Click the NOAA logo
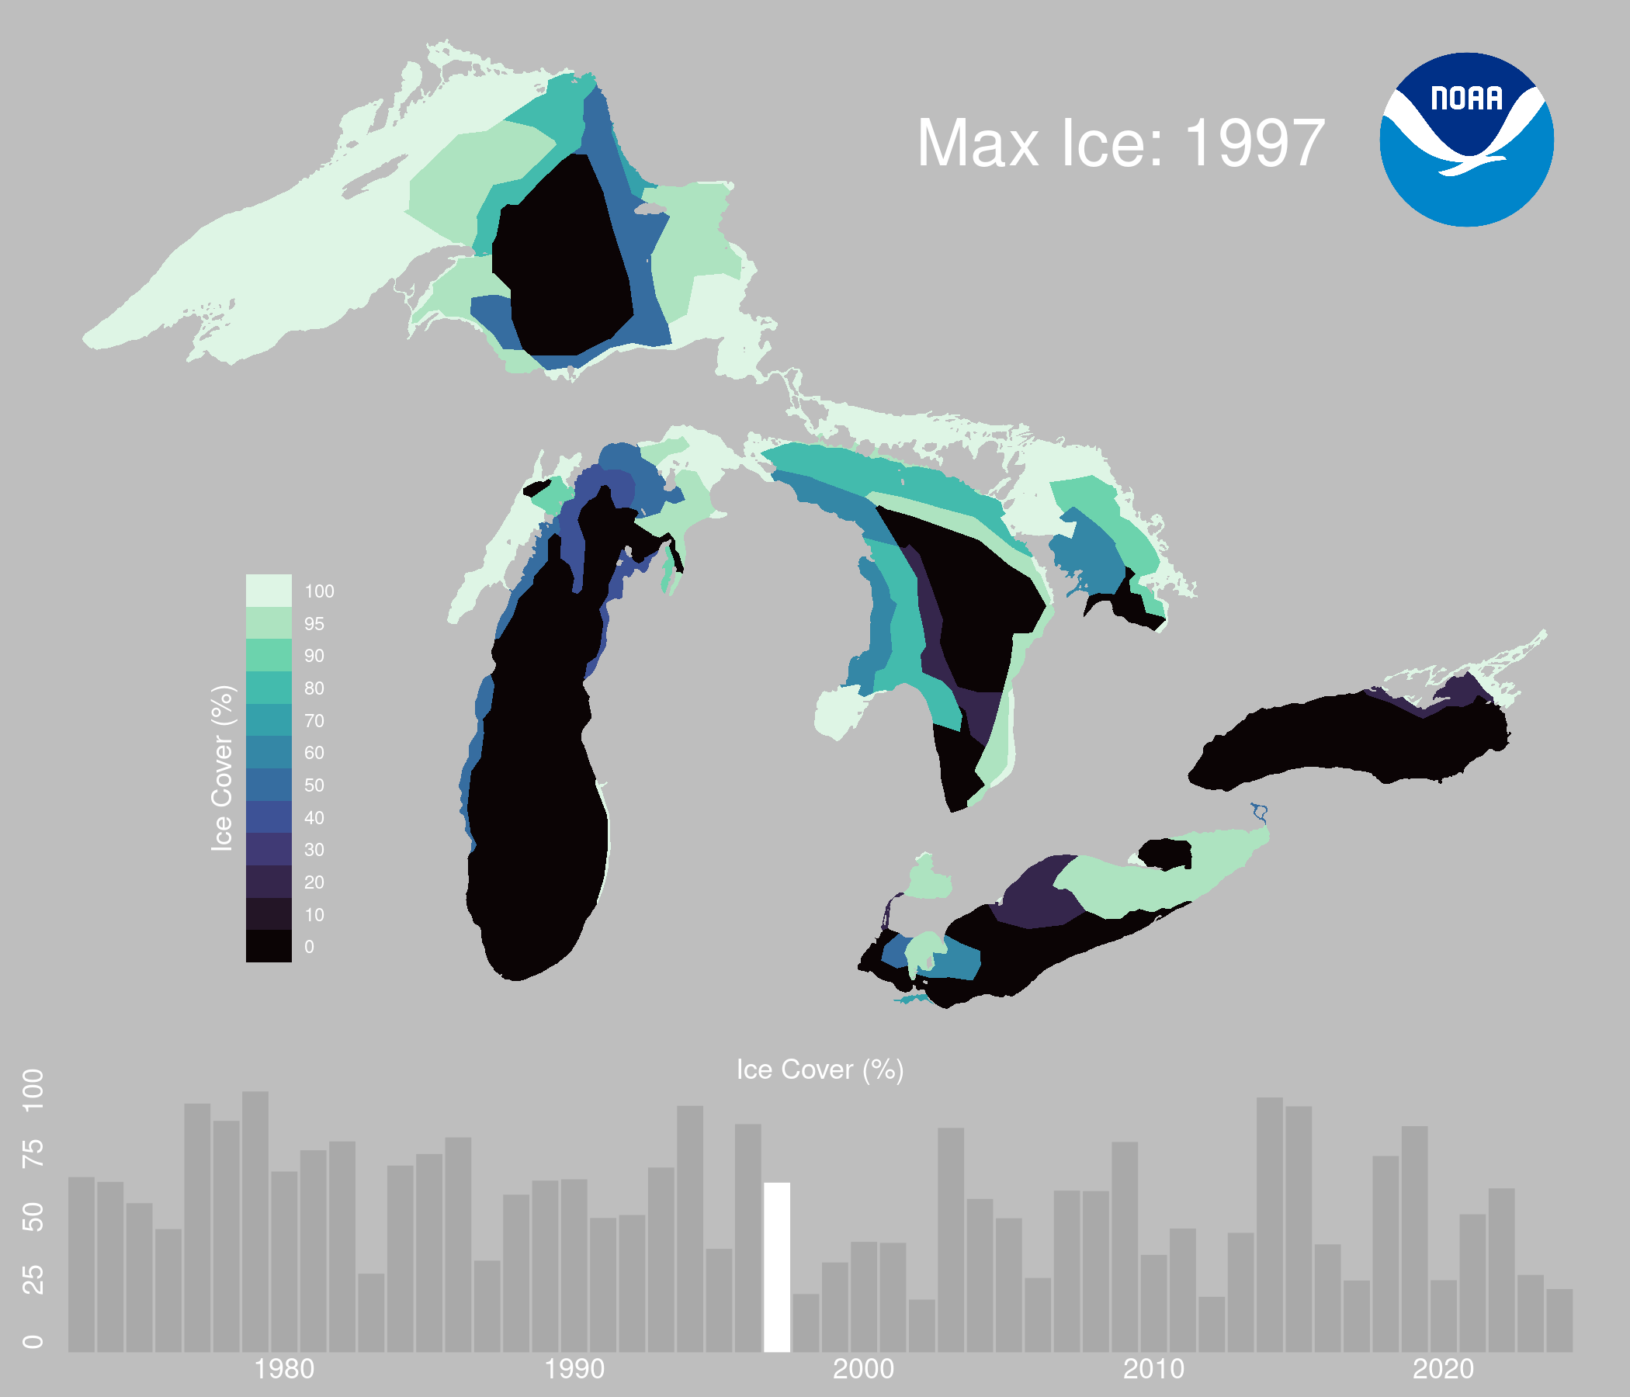[x=1466, y=139]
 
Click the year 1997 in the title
[x=1255, y=143]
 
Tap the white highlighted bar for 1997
[x=777, y=1267]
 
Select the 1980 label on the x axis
[x=284, y=1370]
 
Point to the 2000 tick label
[x=864, y=1370]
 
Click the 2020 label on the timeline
[x=1444, y=1370]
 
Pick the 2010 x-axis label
[x=1153, y=1370]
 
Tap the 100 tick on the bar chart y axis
[x=33, y=1090]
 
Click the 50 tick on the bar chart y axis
[x=33, y=1218]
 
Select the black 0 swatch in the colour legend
[x=269, y=946]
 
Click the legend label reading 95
[x=314, y=624]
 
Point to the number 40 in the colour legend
[x=314, y=818]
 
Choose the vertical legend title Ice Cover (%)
[x=223, y=768]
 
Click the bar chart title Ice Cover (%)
[x=820, y=1069]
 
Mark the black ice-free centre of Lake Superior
[x=562, y=255]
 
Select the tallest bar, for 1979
[x=255, y=1222]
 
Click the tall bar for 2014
[x=1270, y=1225]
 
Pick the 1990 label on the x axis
[x=574, y=1370]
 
